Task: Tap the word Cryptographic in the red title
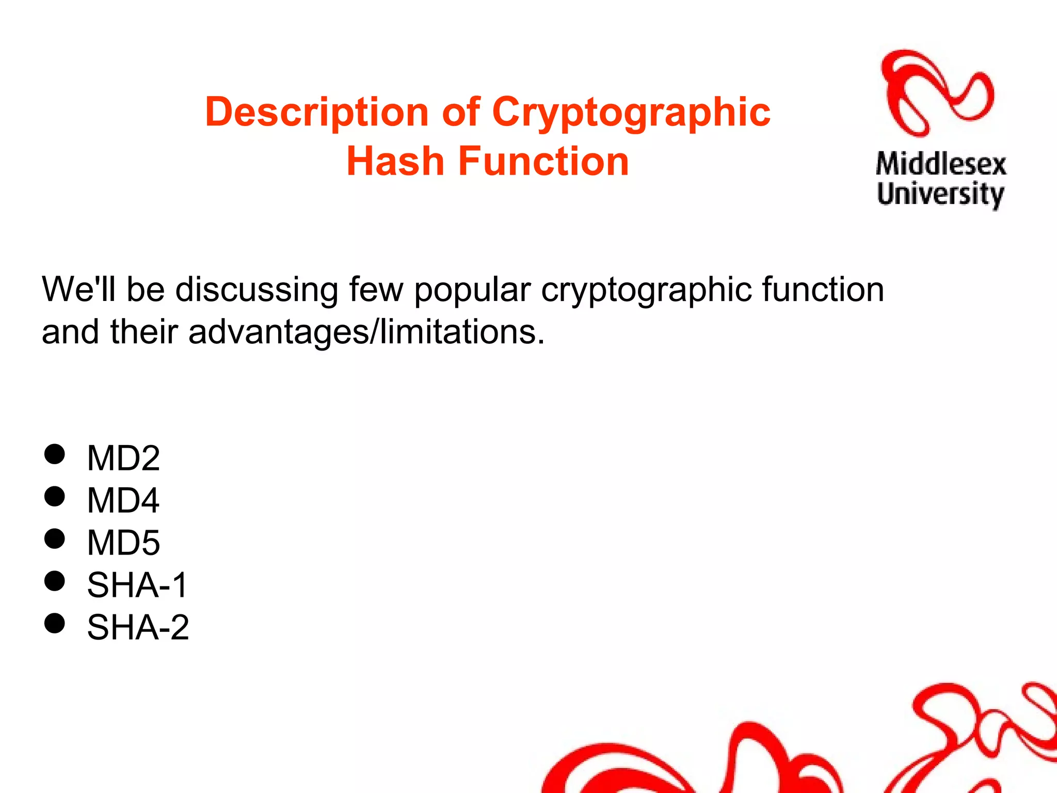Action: pos(631,113)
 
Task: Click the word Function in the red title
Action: pos(543,162)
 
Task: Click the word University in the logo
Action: pos(940,195)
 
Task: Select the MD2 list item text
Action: pos(123,458)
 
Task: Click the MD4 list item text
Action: pos(123,500)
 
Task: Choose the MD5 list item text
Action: pos(123,543)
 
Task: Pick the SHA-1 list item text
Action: pos(137,585)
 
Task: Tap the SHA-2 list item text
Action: pos(138,627)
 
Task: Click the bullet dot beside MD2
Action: pos(55,454)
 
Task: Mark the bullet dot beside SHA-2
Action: pos(55,623)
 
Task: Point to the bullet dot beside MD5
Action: pos(55,539)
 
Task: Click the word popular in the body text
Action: pos(472,290)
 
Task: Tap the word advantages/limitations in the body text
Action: pos(366,331)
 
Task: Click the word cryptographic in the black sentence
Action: pos(646,290)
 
